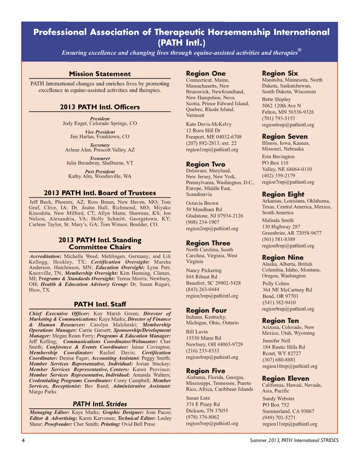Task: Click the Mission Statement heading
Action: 100,74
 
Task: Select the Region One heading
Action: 206,73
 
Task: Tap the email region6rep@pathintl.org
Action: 288,125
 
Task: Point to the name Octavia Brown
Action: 202,203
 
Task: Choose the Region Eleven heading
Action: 286,378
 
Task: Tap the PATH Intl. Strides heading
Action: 100,404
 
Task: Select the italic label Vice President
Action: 100,132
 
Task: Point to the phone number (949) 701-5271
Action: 279,418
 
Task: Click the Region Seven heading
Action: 285,136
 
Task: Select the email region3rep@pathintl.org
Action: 212,296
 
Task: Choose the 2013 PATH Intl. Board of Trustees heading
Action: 100,193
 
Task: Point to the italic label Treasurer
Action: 100,158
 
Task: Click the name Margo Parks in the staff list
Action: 43,391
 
